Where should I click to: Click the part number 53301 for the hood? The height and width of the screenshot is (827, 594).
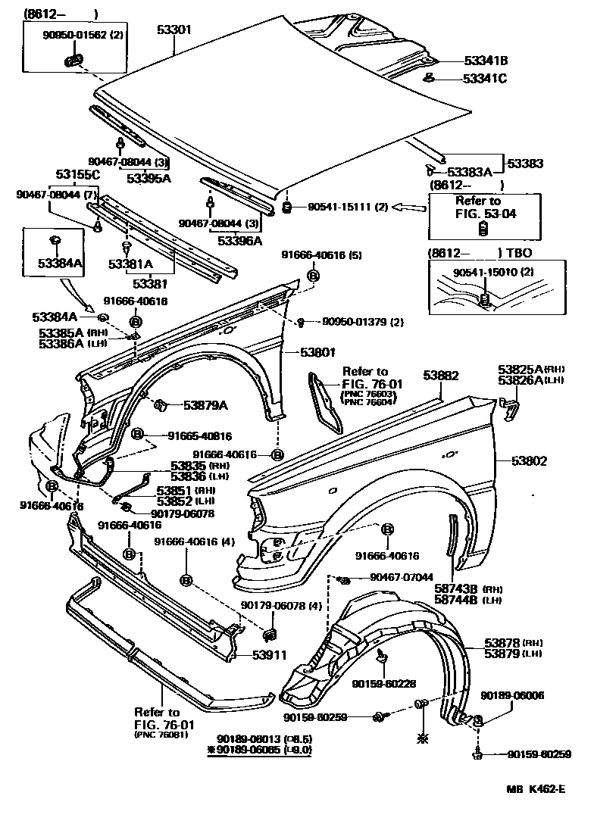click(174, 31)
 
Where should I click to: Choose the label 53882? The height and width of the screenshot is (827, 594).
click(441, 375)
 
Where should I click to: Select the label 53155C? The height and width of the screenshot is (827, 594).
click(77, 175)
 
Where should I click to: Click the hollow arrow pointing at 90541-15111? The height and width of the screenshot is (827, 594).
click(409, 206)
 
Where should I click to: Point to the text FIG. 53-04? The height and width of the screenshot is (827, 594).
click(484, 214)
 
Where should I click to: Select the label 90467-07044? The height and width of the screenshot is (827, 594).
click(402, 578)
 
